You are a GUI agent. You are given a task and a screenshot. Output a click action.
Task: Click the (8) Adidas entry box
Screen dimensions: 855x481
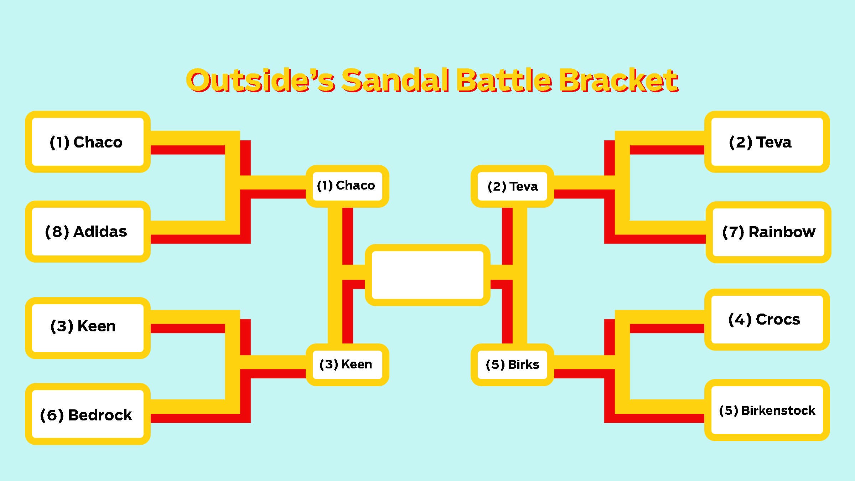click(x=88, y=232)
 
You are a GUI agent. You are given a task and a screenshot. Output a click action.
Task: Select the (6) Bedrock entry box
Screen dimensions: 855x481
click(x=88, y=414)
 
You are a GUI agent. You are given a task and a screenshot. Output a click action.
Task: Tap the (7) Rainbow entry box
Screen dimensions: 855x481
click(x=768, y=232)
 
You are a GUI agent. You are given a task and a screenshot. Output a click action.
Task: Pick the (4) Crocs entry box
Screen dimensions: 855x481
click(x=767, y=320)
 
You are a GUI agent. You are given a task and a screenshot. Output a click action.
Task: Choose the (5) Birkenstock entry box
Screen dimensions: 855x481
click(x=767, y=410)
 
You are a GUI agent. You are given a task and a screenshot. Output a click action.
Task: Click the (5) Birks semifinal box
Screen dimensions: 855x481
click(x=512, y=365)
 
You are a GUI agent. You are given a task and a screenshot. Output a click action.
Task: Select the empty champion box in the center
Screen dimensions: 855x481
click(x=427, y=275)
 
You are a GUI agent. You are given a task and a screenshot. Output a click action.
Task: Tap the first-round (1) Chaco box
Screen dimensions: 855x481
click(x=88, y=142)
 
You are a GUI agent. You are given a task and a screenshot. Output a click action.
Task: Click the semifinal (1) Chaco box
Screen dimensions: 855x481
click(x=347, y=186)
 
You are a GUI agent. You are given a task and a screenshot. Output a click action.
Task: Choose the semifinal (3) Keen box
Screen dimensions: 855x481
click(x=347, y=365)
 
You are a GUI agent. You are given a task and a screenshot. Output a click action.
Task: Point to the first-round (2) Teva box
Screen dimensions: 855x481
click(x=767, y=142)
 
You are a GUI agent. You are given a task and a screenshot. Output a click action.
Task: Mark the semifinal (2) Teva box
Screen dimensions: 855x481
click(x=512, y=186)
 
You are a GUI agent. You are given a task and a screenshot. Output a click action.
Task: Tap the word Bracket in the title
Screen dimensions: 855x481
click(x=619, y=80)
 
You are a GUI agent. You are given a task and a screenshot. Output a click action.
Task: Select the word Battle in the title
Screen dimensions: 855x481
click(x=504, y=80)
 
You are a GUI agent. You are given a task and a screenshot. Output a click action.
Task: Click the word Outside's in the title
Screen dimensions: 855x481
click(x=260, y=80)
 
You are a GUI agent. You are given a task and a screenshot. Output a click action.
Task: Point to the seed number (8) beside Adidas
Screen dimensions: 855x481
click(x=57, y=232)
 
